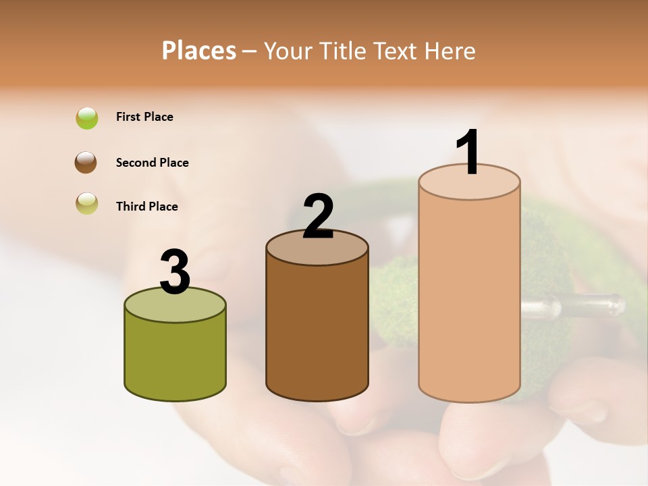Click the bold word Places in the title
(x=199, y=51)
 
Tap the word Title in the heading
(x=343, y=51)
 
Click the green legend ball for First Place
(x=87, y=118)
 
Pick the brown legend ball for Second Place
(x=86, y=163)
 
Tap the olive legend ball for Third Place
(x=87, y=203)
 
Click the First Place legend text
(x=144, y=117)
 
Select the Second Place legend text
(x=152, y=163)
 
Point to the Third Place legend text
(x=146, y=207)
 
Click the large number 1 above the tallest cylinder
(x=468, y=152)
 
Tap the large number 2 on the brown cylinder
(x=318, y=217)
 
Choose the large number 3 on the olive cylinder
(x=175, y=273)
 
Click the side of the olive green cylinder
(x=175, y=358)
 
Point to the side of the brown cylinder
(x=317, y=331)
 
